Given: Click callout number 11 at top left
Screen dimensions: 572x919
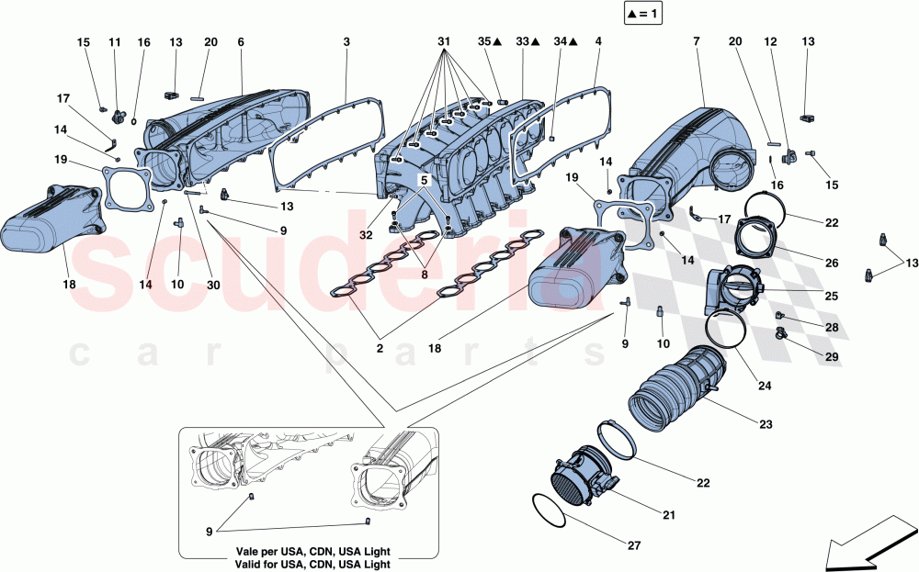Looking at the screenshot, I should pyautogui.click(x=114, y=42).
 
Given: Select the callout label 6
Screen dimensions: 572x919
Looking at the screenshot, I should pyautogui.click(x=241, y=42).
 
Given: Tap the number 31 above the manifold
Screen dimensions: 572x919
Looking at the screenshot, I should pyautogui.click(x=445, y=42).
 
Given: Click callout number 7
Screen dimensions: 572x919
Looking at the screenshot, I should pyautogui.click(x=696, y=42).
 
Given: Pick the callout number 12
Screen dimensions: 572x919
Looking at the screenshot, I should pyautogui.click(x=771, y=42).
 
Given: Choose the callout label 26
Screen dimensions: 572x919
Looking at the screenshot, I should pyautogui.click(x=832, y=264).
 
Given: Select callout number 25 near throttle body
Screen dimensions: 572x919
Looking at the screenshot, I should pyautogui.click(x=831, y=297).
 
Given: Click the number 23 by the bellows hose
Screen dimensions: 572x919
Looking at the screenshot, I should pyautogui.click(x=766, y=425).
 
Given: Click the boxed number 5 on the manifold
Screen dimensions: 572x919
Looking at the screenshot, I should pyautogui.click(x=425, y=181).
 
